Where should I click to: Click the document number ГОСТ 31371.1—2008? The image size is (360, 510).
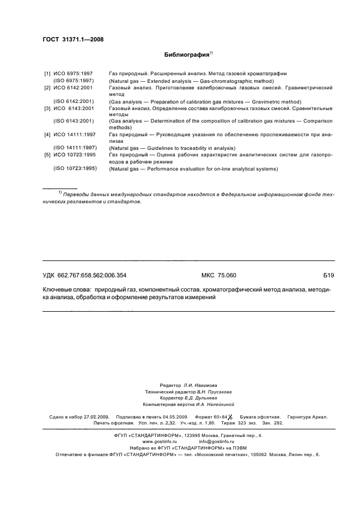click(x=72, y=39)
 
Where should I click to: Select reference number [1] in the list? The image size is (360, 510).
click(x=47, y=73)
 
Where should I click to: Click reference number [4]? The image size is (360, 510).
click(x=47, y=134)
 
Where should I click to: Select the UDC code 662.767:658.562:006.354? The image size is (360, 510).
click(x=95, y=276)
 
